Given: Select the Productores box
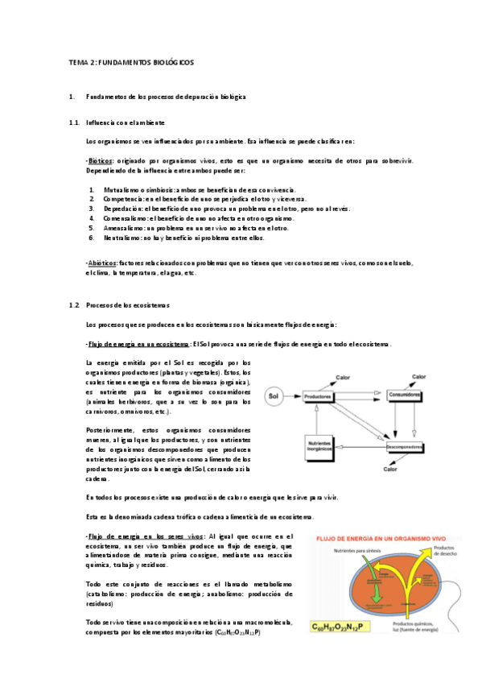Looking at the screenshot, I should (x=319, y=396).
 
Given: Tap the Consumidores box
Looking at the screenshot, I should (x=406, y=395).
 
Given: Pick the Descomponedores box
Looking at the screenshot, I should (x=406, y=445).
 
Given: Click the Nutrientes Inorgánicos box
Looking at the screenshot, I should (x=319, y=445).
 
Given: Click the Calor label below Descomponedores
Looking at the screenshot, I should (x=391, y=468).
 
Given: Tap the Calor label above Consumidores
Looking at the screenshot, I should (x=418, y=376).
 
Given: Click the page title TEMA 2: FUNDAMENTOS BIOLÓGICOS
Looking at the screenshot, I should (x=130, y=62).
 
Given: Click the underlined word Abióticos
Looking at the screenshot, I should (x=102, y=263).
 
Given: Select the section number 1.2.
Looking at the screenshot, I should (x=75, y=305).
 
